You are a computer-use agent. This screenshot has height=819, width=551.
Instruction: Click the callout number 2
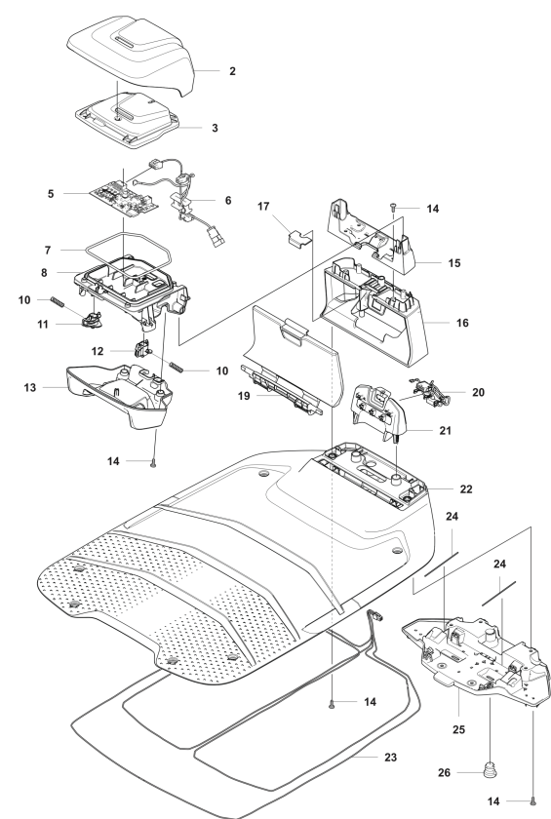click(232, 71)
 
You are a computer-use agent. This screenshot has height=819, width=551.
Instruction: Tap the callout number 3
click(215, 128)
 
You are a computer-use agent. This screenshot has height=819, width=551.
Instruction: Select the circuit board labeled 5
click(124, 198)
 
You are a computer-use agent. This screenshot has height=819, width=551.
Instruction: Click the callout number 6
click(227, 200)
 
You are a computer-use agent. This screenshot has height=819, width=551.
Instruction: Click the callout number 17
click(263, 207)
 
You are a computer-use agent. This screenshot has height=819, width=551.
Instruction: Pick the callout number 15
click(454, 262)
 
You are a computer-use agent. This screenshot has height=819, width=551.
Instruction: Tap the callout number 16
click(462, 323)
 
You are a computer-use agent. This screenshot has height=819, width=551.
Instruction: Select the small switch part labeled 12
click(142, 348)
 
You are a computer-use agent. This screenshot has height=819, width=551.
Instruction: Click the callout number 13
click(30, 388)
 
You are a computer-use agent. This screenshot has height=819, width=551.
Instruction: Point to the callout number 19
click(244, 396)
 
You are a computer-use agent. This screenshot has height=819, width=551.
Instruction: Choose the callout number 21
click(445, 430)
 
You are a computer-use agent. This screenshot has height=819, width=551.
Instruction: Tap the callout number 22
click(466, 488)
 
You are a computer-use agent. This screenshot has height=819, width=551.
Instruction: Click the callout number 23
click(390, 757)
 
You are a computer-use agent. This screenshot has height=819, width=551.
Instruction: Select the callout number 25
click(458, 729)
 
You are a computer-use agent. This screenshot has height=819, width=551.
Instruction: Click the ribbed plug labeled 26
click(490, 769)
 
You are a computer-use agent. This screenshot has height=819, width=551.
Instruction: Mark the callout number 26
click(444, 772)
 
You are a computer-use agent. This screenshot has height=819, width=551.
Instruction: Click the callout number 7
click(48, 251)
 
